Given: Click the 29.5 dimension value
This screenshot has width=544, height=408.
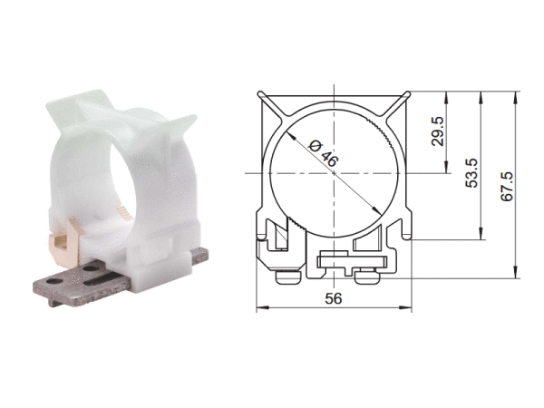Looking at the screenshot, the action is click(438, 131).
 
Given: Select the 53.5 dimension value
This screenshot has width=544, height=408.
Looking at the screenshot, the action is click(471, 173).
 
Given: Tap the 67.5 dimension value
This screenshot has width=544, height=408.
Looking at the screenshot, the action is click(507, 186).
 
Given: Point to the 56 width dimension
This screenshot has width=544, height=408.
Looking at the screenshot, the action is click(334, 298).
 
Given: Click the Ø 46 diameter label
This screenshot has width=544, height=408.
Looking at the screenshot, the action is click(324, 153).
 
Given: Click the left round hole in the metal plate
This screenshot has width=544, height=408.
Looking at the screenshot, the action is click(54, 280).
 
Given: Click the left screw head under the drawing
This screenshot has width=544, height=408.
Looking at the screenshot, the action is click(288, 277).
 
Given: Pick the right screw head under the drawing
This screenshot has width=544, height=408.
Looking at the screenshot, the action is click(368, 277).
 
